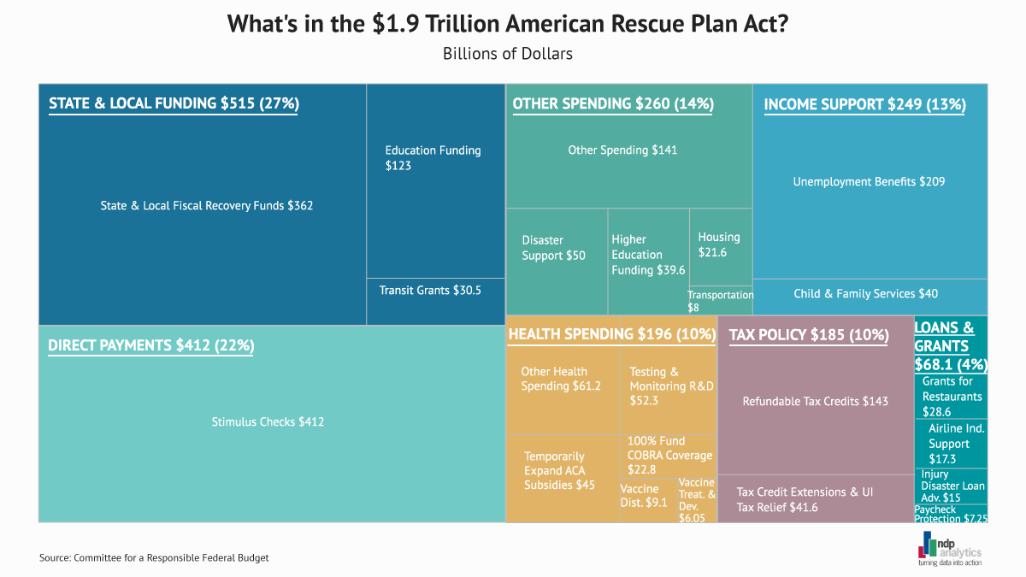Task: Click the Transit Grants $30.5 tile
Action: coord(430,291)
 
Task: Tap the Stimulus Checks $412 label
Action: coord(268,421)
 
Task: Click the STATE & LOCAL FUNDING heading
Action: coord(174,103)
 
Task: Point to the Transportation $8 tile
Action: coord(720,300)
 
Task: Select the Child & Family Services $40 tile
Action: coord(865,294)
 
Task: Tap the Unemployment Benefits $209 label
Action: coord(869,181)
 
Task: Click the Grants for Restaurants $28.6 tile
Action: coord(952,396)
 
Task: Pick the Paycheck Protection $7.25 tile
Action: coord(951,514)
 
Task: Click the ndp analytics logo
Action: coord(948,547)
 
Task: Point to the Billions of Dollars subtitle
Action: coord(507,53)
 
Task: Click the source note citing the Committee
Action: coord(154,557)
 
